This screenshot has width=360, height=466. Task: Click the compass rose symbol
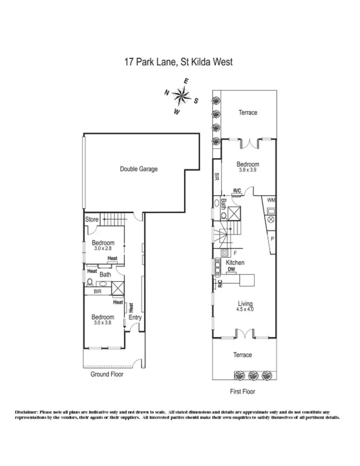pos(181,96)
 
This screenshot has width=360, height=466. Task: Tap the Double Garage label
pos(138,169)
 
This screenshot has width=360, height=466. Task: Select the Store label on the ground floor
pos(92,219)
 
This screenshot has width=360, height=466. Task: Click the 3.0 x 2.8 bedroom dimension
pos(102,249)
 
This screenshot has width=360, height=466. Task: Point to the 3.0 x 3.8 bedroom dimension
pos(102,323)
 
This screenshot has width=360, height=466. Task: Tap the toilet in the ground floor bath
pos(90,282)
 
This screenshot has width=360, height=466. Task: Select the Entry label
pos(135,317)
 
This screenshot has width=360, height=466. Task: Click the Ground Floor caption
pos(107,374)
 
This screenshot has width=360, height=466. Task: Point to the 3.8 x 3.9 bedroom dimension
pos(248,169)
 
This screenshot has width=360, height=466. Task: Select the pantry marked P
pos(272,239)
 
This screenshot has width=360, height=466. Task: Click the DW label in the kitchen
pos(231,270)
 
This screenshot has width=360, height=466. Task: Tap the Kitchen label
pos(235,263)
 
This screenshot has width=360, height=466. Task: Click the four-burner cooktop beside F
pos(223,253)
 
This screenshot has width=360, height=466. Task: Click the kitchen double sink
pos(217,267)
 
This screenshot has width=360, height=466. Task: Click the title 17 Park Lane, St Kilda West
pos(179,62)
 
